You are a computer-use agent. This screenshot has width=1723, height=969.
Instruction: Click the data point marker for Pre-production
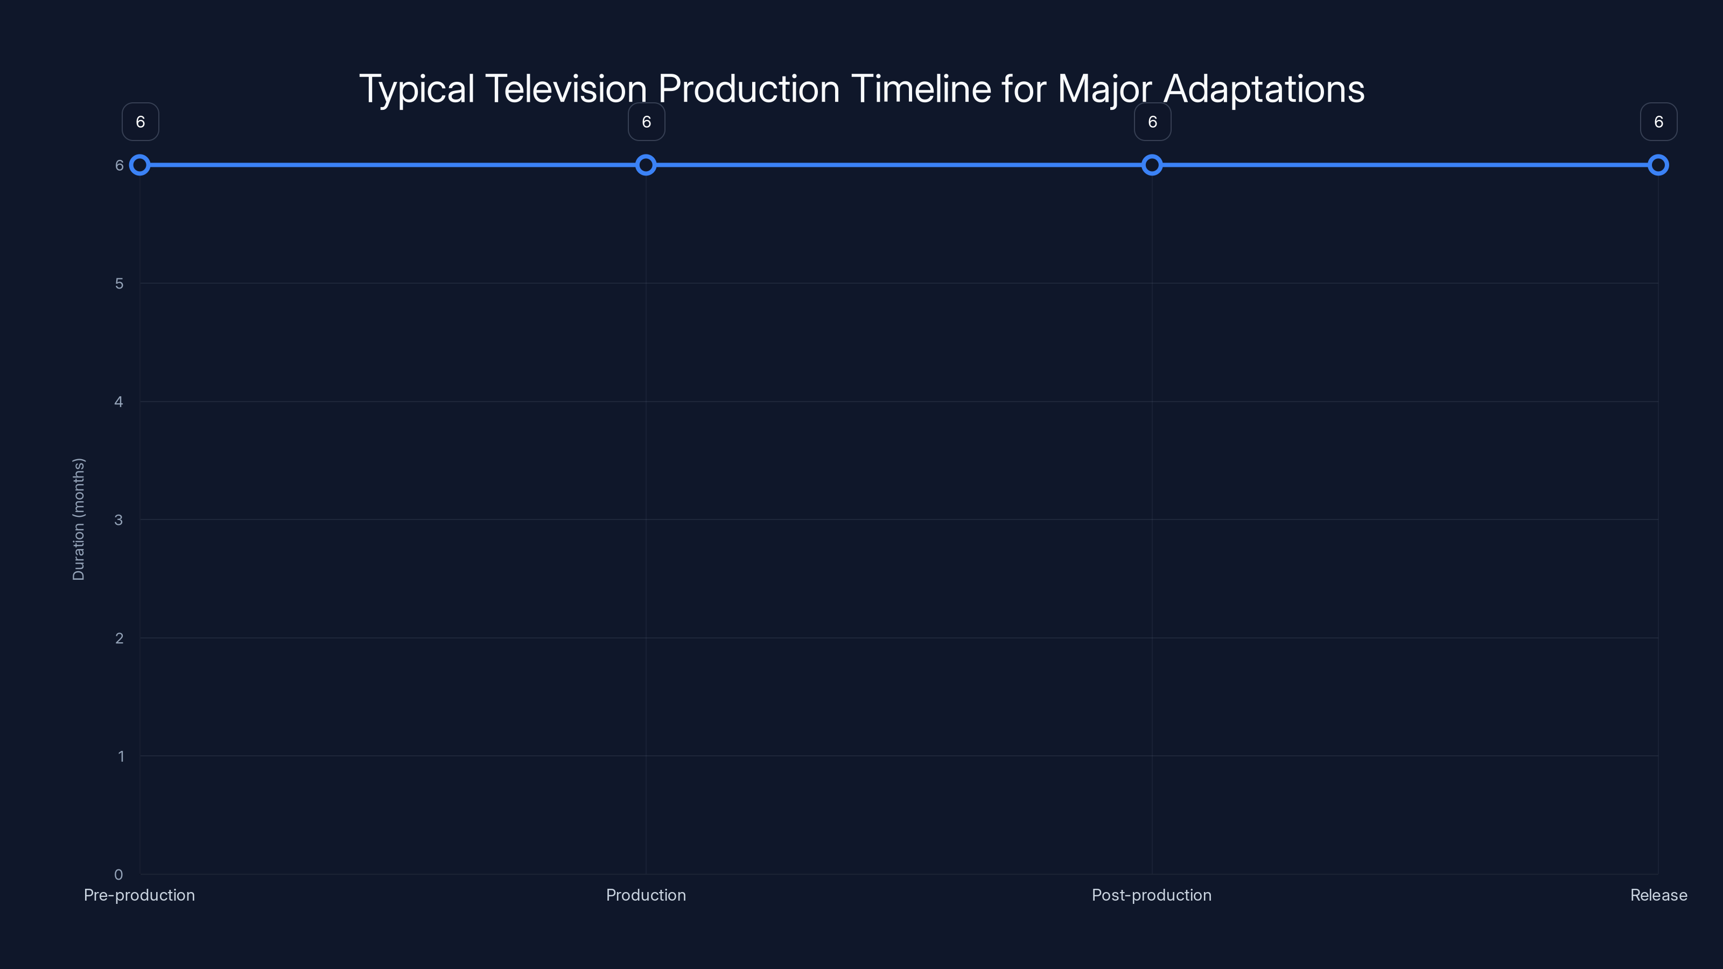[140, 165]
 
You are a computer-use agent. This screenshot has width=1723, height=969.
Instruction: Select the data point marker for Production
[646, 165]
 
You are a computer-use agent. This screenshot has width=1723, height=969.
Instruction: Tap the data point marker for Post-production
[1152, 165]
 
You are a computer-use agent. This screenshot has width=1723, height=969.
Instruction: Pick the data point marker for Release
[1658, 165]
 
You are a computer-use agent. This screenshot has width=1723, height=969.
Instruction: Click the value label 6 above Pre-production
[141, 122]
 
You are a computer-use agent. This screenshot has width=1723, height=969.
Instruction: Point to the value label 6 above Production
[646, 122]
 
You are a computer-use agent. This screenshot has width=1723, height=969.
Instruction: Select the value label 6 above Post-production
[1152, 122]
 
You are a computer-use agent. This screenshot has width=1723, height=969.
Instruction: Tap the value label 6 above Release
[1658, 122]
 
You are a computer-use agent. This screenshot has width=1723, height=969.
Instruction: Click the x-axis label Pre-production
[139, 895]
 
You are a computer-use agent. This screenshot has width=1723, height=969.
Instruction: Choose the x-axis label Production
[646, 895]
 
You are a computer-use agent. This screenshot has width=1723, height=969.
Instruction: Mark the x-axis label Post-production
[1151, 895]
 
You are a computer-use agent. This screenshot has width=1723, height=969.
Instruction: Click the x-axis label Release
[1658, 895]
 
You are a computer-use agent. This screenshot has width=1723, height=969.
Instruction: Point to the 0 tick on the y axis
[118, 874]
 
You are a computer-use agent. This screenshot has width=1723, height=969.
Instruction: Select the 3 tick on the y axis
[118, 519]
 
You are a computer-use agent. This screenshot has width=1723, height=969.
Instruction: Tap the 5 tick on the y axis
[119, 284]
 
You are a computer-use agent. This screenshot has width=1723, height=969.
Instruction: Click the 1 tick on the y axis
[121, 756]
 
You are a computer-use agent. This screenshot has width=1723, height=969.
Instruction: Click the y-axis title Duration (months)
[78, 519]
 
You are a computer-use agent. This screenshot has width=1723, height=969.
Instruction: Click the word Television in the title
[566, 89]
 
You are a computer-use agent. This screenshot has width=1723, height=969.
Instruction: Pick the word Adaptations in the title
[1264, 89]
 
